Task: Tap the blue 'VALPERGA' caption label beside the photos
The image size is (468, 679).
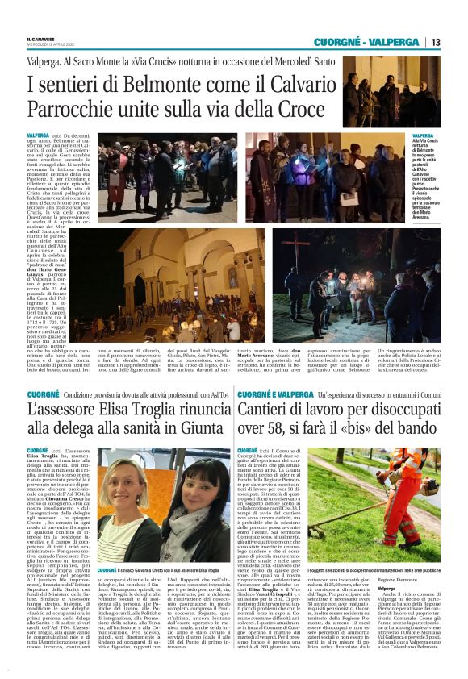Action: (x=422, y=135)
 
